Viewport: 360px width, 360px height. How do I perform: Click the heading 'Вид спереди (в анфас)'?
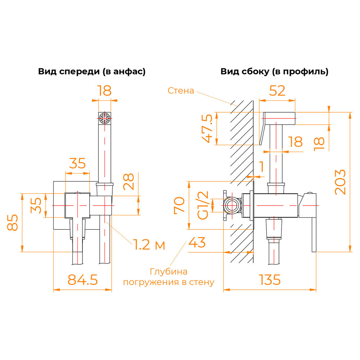(92, 71)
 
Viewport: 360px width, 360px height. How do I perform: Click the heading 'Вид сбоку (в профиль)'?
(274, 71)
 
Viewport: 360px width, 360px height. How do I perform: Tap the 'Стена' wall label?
(181, 90)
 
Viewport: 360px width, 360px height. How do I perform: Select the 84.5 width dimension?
(83, 280)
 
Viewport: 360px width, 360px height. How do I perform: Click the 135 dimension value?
(270, 280)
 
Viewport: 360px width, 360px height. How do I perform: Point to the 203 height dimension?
(340, 182)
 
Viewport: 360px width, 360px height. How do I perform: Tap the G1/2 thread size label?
(203, 205)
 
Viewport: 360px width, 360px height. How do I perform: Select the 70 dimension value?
(179, 205)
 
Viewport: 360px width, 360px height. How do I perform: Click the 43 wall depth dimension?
(197, 242)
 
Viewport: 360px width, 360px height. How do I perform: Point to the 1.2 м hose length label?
(149, 244)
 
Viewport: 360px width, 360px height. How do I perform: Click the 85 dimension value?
(12, 222)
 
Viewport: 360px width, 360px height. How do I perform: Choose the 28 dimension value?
(129, 181)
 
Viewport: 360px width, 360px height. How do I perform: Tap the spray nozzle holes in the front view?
(104, 118)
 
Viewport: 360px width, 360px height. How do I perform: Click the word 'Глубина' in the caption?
(169, 271)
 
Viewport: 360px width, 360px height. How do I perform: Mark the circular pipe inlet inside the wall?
(232, 205)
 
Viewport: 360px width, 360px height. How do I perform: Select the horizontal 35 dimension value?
(77, 163)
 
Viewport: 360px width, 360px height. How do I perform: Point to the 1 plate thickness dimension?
(261, 166)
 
